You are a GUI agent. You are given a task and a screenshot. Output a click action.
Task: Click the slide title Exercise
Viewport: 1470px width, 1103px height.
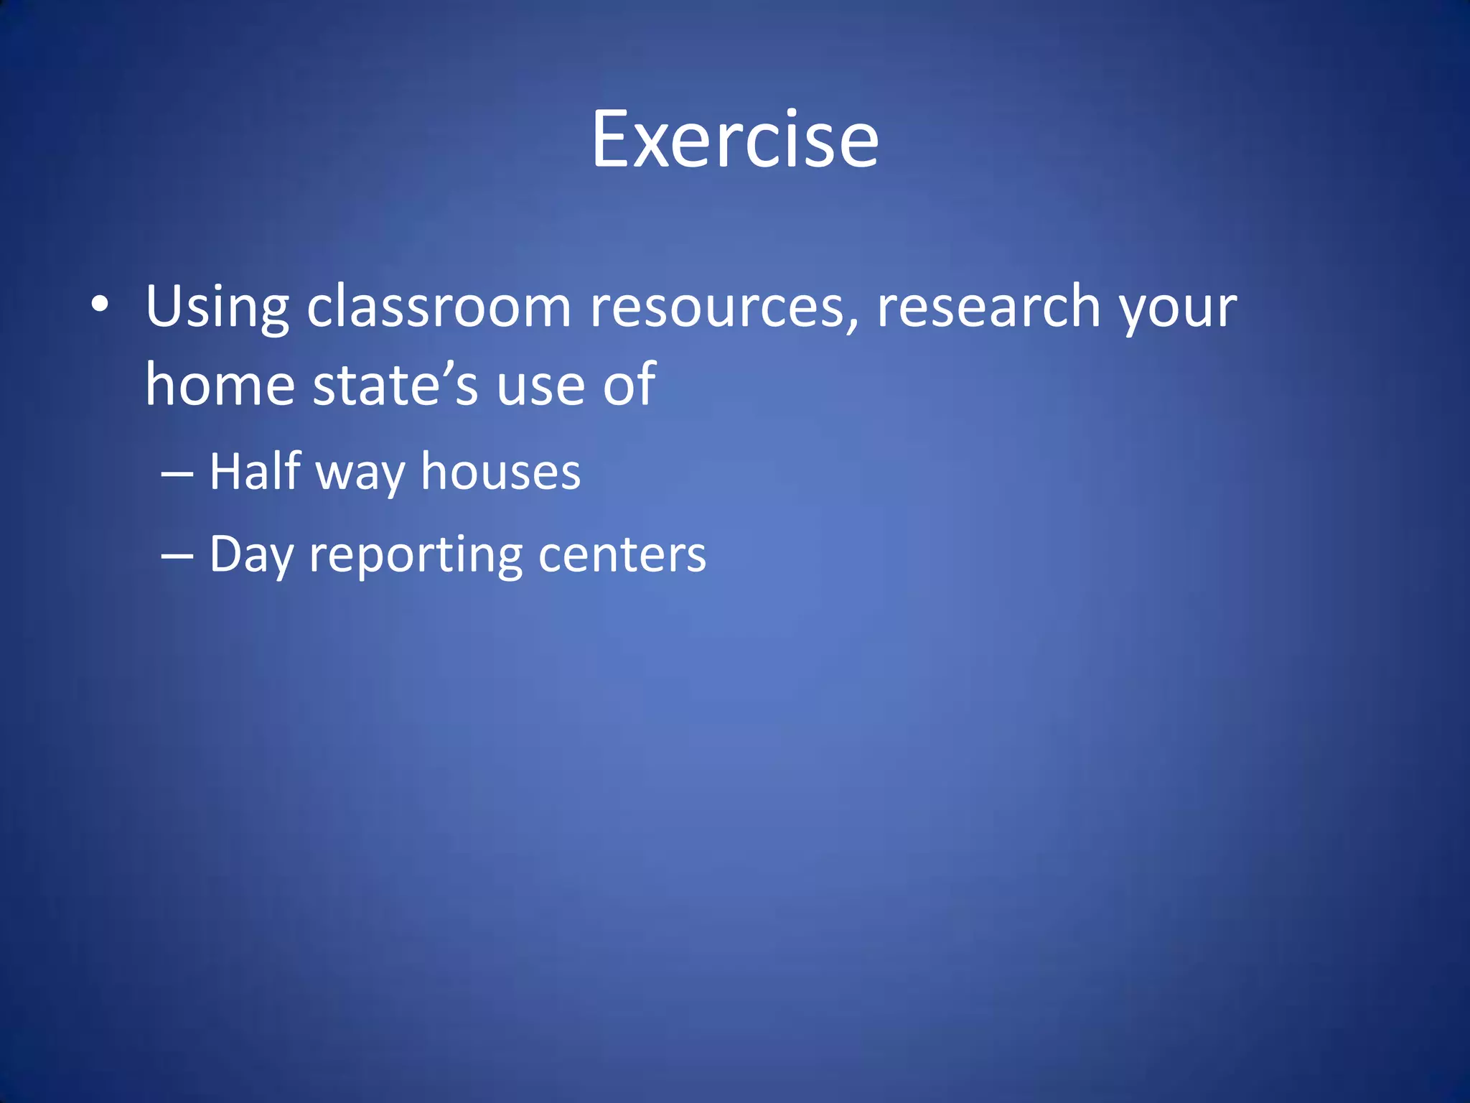[734, 139]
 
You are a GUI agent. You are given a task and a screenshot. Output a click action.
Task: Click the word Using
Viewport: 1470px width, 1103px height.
[217, 307]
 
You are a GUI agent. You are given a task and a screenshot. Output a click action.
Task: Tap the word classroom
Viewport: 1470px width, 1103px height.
[439, 307]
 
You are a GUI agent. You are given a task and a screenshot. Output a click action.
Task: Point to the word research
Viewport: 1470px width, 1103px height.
[988, 307]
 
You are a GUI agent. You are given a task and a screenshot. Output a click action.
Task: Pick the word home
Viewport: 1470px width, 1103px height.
[220, 384]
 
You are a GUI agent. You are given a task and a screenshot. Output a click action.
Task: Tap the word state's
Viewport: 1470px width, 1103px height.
[395, 384]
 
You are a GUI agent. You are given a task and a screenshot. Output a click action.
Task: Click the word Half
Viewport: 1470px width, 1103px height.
[255, 471]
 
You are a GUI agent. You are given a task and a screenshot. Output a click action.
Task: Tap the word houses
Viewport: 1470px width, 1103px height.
[500, 472]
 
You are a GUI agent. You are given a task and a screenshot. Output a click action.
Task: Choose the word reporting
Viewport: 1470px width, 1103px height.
[416, 557]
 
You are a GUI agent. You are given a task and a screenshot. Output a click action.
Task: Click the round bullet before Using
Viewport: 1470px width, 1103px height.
[100, 304]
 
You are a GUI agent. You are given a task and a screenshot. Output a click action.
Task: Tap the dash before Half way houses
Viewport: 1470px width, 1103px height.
[177, 475]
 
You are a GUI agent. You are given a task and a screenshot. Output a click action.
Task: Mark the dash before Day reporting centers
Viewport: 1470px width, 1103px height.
[177, 557]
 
